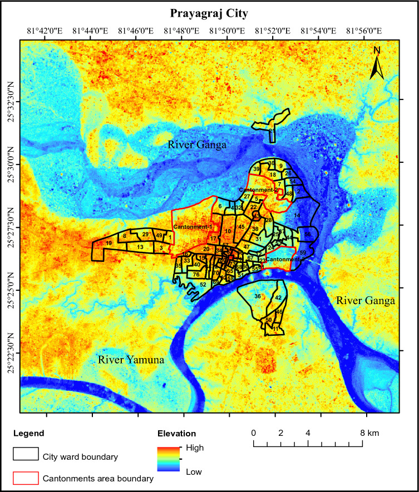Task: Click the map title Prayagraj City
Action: [x=209, y=12]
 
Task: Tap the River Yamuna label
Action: [x=131, y=360]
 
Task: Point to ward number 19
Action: [x=109, y=243]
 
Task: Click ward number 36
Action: [x=257, y=296]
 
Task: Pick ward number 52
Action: [x=203, y=285]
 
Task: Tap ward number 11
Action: [x=275, y=329]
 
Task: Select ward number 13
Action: [x=141, y=247]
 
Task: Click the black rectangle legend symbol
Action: [x=26, y=454]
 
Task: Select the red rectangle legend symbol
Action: [x=26, y=478]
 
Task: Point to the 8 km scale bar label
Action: [x=366, y=433]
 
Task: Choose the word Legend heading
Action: [x=28, y=433]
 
